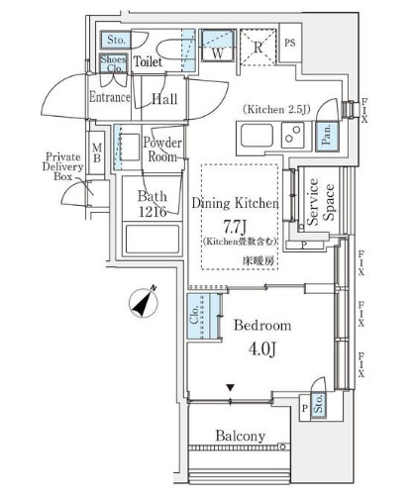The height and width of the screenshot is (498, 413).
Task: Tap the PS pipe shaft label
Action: pyautogui.click(x=290, y=43)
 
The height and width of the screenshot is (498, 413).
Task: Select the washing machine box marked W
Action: pyautogui.click(x=218, y=46)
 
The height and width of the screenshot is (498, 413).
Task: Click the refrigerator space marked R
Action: pyautogui.click(x=258, y=48)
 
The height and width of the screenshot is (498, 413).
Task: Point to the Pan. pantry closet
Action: pyautogui.click(x=327, y=137)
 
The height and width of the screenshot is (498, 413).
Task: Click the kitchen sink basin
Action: pyautogui.click(x=257, y=136)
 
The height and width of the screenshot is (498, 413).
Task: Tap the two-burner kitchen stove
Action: pyautogui.click(x=292, y=136)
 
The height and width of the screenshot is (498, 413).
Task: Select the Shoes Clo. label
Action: pyautogui.click(x=113, y=63)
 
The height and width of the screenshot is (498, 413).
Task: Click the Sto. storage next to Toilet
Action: pyautogui.click(x=115, y=40)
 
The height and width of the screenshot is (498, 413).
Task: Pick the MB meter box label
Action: pyautogui.click(x=97, y=152)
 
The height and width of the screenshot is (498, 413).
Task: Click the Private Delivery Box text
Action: pyautogui.click(x=62, y=166)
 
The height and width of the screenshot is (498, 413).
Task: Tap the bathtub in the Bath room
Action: pyautogui.click(x=153, y=240)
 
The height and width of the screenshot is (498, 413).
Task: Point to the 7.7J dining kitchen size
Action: pyautogui.click(x=235, y=226)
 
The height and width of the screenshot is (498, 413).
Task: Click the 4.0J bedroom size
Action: pyautogui.click(x=261, y=349)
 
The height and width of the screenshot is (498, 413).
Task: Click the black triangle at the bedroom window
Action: pyautogui.click(x=231, y=387)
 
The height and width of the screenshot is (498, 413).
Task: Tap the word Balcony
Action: pyautogui.click(x=240, y=436)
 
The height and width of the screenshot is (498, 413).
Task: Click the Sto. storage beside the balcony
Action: pyautogui.click(x=318, y=403)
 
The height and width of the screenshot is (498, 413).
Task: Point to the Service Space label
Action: pyautogui.click(x=320, y=202)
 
